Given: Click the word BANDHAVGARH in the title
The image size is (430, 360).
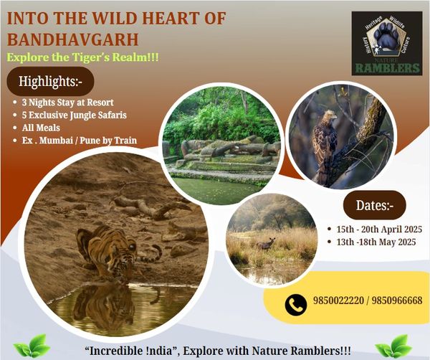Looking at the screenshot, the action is (72, 39).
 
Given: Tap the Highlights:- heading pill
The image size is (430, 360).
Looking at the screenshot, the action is (50, 81).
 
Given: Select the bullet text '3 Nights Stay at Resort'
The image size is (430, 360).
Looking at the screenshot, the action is (68, 103).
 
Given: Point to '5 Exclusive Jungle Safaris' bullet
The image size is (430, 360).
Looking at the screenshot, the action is (75, 115).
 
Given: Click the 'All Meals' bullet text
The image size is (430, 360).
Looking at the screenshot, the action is (41, 128).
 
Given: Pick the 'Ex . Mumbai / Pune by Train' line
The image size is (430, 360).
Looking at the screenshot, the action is (80, 141).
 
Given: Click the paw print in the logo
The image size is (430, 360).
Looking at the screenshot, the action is (387, 36).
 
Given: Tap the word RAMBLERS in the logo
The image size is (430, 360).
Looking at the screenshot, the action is (387, 68).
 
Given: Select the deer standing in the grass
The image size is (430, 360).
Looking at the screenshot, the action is (266, 244).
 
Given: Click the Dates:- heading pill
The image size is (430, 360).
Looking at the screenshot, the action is (375, 205).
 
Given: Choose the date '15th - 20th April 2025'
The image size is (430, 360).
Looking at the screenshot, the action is (379, 229).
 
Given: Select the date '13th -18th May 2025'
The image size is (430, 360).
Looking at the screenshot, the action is (376, 242).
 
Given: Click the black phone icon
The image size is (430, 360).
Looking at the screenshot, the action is (295, 305).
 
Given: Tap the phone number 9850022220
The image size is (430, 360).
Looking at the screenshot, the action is (338, 300).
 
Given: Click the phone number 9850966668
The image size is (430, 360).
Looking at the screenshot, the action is (397, 300).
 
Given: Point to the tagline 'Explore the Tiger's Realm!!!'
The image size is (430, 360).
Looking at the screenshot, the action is (82, 57).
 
